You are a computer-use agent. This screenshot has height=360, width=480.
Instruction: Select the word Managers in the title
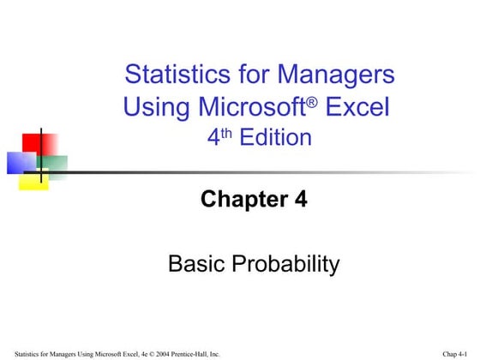coord(339,75)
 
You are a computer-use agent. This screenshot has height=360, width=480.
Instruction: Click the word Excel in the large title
coord(358,108)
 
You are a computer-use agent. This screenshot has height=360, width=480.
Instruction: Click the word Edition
coord(276,137)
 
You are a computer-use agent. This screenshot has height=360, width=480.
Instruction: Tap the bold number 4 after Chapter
coord(299,201)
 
